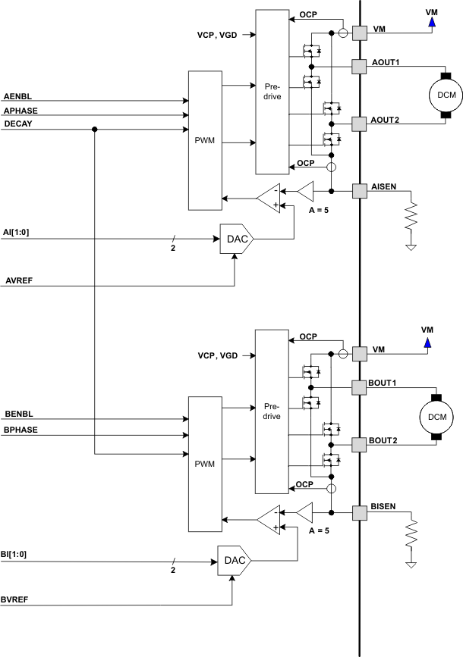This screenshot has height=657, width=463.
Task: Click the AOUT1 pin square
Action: click(x=359, y=66)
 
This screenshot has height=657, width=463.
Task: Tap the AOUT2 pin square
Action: click(x=359, y=120)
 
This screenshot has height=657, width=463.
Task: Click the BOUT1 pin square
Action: click(x=359, y=387)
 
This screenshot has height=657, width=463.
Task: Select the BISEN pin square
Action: click(x=359, y=513)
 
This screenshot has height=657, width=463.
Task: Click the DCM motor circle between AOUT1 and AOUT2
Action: click(x=442, y=94)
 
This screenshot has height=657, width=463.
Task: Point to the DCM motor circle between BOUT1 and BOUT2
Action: click(x=436, y=416)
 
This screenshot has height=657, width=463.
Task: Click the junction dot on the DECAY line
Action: click(x=95, y=130)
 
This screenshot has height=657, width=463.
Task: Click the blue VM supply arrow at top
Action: click(x=430, y=23)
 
